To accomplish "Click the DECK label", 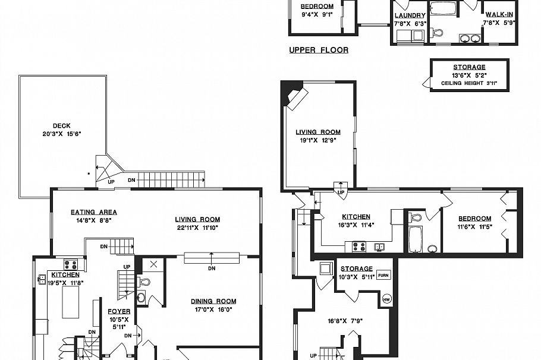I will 61,125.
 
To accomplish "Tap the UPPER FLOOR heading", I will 319,50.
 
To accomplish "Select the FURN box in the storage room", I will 383,275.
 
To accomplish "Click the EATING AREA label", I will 93,212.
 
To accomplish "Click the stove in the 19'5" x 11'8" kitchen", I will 71,265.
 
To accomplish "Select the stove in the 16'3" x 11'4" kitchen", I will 358,246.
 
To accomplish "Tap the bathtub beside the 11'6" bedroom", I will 415,239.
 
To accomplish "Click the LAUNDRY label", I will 410,15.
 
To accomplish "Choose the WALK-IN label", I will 499,15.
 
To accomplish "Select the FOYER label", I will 119,311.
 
